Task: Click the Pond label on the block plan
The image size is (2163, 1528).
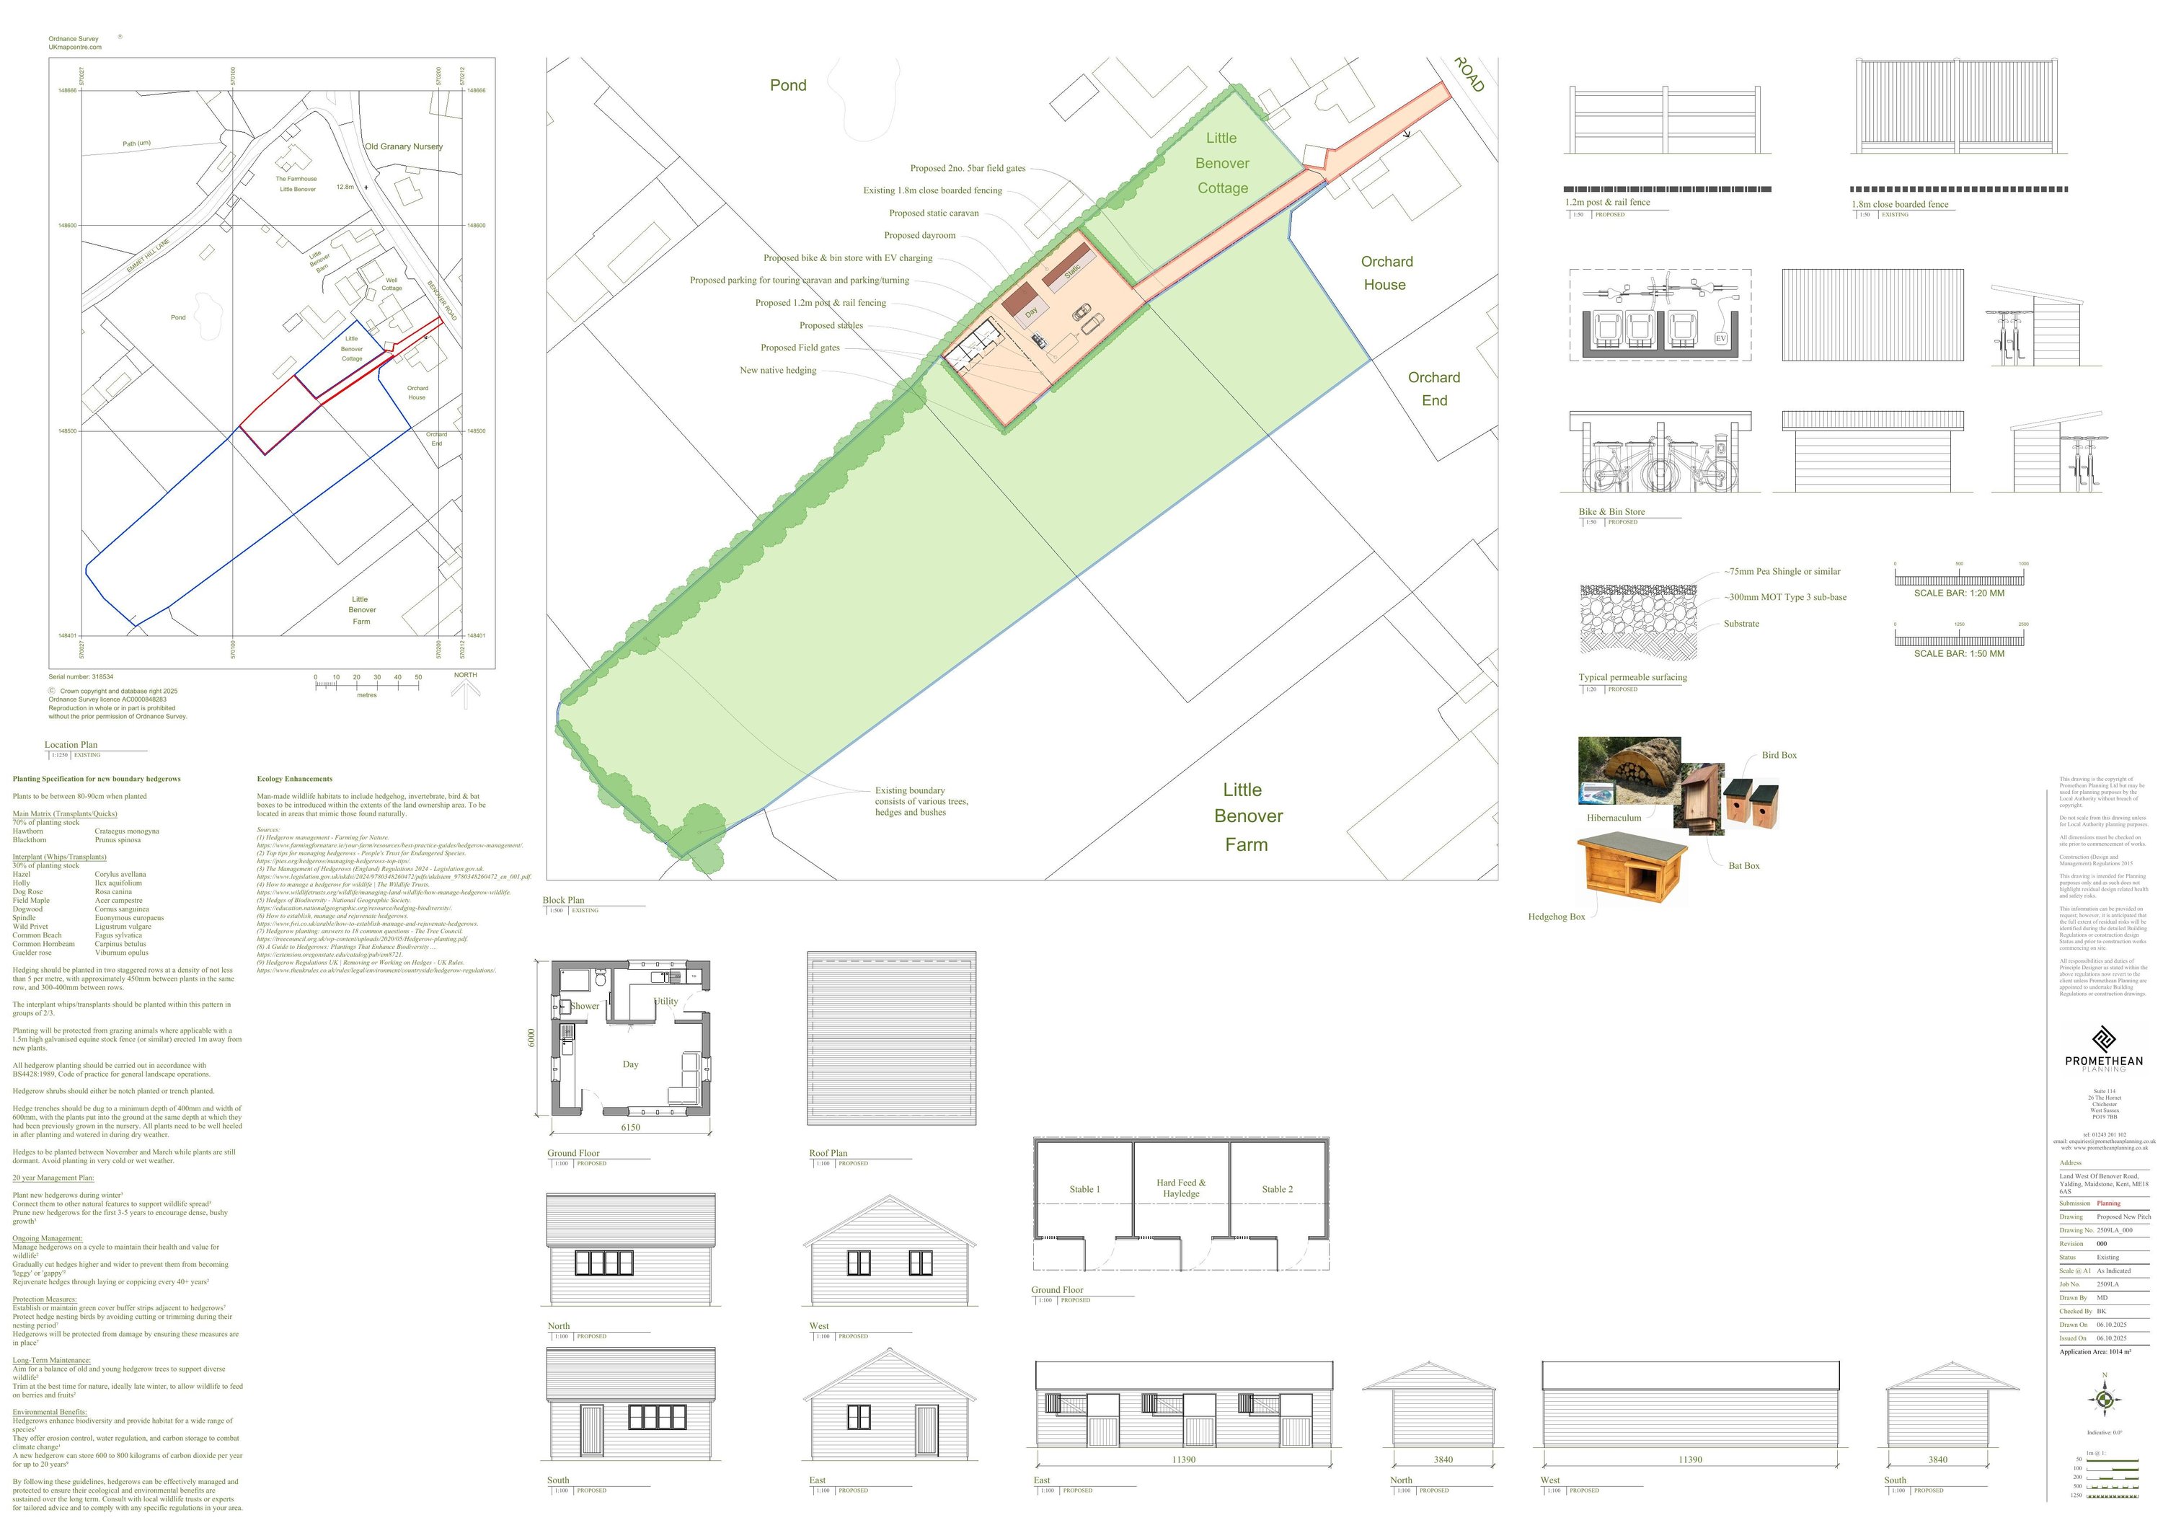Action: coord(787,86)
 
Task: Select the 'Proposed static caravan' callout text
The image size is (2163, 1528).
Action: coord(933,213)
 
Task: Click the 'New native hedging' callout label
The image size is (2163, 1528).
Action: coord(777,370)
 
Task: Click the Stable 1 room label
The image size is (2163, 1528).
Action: coord(1084,1189)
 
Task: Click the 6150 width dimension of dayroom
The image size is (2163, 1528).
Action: coord(630,1126)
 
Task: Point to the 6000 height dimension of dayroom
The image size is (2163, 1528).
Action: coord(531,1037)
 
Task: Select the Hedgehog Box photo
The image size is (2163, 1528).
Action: coord(1619,867)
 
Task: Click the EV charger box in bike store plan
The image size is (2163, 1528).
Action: coord(1720,338)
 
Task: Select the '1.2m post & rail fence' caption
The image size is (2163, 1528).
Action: coord(1607,203)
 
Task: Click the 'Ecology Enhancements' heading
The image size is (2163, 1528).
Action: coord(295,779)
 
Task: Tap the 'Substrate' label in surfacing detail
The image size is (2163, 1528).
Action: coord(1741,624)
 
